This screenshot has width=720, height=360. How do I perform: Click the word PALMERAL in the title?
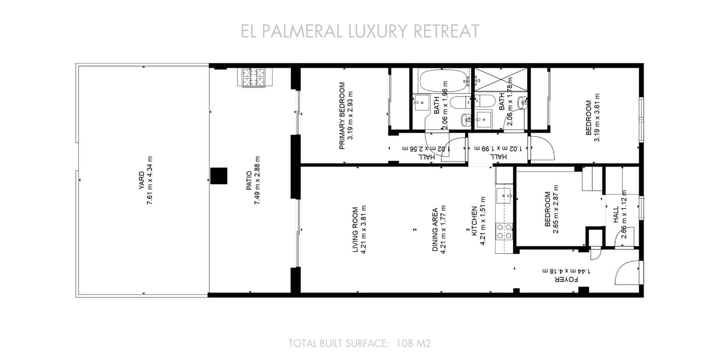click(302, 31)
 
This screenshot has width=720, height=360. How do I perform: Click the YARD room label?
click(141, 180)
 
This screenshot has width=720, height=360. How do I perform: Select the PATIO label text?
click(249, 180)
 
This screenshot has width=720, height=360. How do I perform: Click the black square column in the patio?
click(219, 176)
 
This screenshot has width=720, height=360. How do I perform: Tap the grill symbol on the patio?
click(251, 78)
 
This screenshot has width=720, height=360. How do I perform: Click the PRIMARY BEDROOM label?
click(342, 115)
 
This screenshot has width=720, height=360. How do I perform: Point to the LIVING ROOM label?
click(355, 229)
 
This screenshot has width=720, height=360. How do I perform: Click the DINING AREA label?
click(435, 229)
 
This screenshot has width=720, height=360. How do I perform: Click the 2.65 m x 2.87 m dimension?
click(556, 209)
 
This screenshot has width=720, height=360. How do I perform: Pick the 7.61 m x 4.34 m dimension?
click(150, 180)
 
